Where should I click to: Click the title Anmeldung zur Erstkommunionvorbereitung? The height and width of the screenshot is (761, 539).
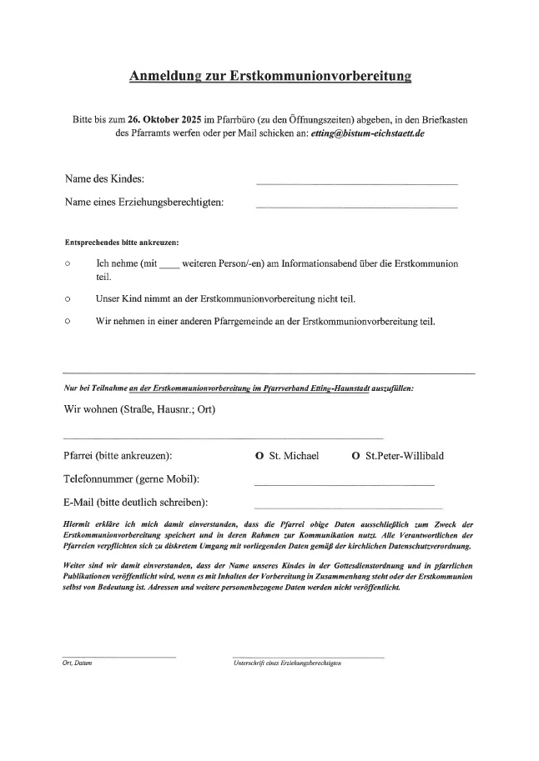click(x=270, y=78)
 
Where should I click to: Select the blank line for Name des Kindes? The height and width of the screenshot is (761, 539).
click(x=356, y=183)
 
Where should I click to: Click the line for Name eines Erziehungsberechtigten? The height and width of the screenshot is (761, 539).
click(x=356, y=206)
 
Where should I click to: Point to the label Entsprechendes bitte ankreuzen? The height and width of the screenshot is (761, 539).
click(x=122, y=242)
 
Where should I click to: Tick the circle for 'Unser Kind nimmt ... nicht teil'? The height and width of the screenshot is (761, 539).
click(x=67, y=298)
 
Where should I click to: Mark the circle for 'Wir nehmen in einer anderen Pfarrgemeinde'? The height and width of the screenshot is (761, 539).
click(x=67, y=320)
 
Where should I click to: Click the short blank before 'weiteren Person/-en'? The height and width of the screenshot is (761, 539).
click(x=169, y=266)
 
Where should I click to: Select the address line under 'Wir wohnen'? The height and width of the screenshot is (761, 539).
click(x=223, y=437)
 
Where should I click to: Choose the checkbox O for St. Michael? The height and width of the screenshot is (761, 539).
click(x=260, y=456)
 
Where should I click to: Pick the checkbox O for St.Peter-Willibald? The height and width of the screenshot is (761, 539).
click(x=356, y=456)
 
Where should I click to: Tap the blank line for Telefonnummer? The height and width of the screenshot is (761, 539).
click(x=344, y=484)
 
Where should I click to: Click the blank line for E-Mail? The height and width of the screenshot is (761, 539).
click(x=348, y=507)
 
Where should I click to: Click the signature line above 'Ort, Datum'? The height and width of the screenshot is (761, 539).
click(x=119, y=657)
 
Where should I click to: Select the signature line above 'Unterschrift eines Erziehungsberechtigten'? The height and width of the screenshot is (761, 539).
click(x=308, y=657)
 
